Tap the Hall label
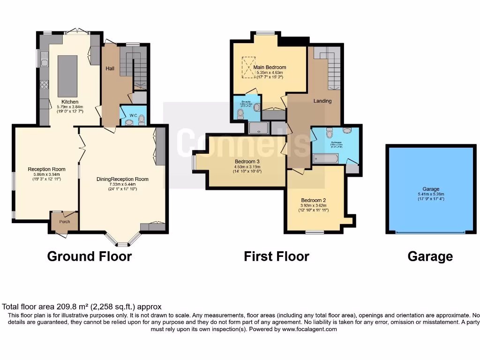click(x=110, y=69)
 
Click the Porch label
click(x=65, y=222)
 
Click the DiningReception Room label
click(x=122, y=179)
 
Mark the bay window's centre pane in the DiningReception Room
click(x=122, y=244)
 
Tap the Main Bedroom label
click(x=270, y=67)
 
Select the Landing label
click(x=322, y=101)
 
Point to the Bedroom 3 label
click(x=247, y=162)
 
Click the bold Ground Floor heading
click(x=89, y=256)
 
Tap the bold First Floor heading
click(x=276, y=256)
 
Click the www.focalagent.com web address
click(x=309, y=329)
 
